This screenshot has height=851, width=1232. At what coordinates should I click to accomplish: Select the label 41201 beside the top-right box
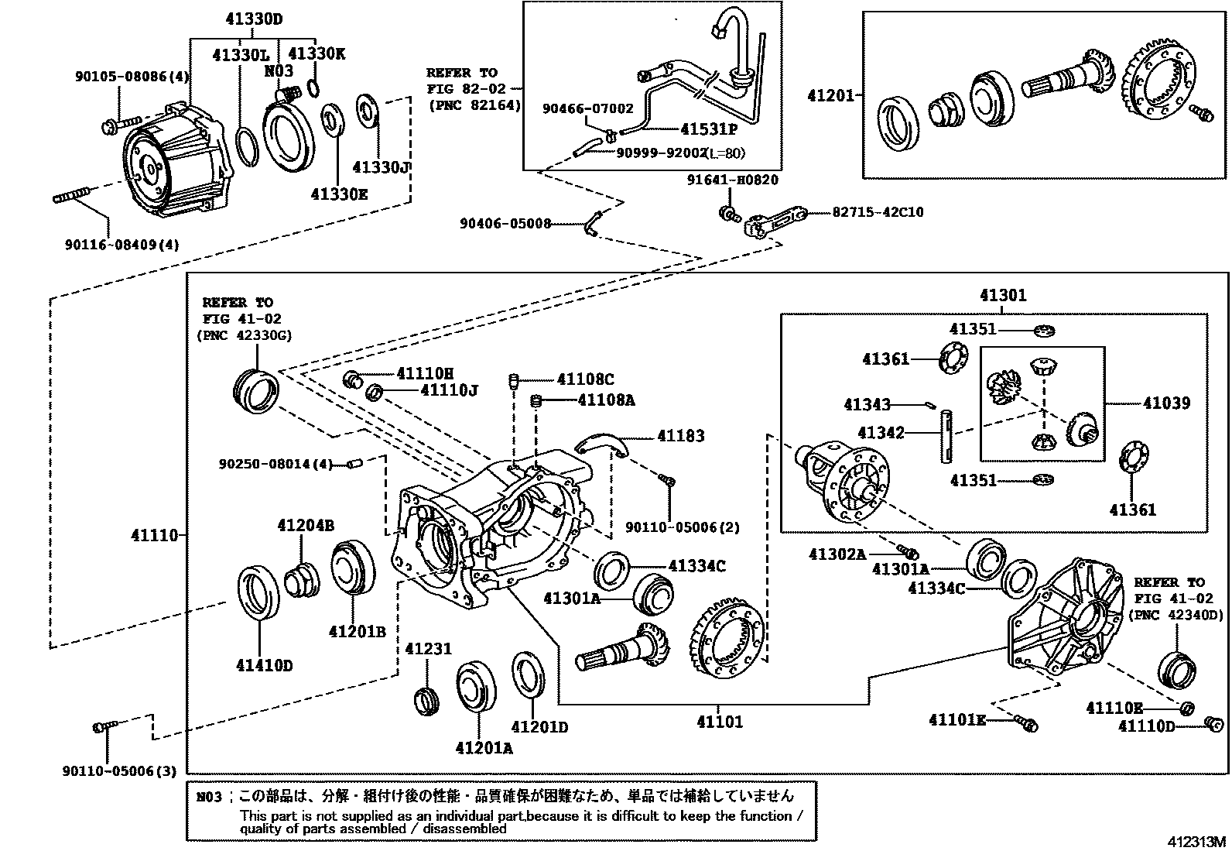[830, 95]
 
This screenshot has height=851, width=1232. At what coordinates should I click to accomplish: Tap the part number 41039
[1166, 403]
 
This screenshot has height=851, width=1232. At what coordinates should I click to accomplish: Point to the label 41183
[681, 436]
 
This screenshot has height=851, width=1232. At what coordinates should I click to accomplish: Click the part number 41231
[428, 649]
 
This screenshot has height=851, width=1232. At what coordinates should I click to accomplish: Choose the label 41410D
[265, 665]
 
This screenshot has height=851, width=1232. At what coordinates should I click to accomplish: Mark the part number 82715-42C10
[878, 212]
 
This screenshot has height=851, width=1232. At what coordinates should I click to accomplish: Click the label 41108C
[585, 379]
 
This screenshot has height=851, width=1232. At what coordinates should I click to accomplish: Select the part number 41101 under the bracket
[719, 722]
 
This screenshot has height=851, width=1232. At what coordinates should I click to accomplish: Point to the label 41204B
[306, 526]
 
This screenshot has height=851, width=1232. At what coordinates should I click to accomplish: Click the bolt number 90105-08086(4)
[132, 77]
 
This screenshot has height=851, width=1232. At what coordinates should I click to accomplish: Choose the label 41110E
[1114, 708]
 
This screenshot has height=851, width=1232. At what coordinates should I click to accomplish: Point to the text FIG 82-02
[462, 89]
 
